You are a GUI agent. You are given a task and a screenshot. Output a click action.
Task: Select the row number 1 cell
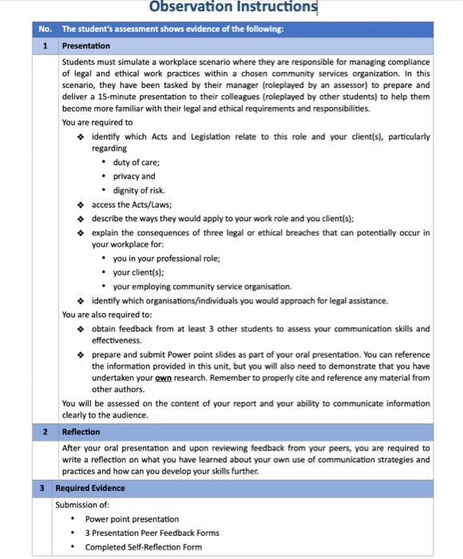pyautogui.click(x=45, y=46)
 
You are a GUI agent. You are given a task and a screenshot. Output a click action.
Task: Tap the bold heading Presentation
pyautogui.click(x=87, y=46)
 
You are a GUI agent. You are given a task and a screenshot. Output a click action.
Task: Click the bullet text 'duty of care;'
pyautogui.click(x=137, y=162)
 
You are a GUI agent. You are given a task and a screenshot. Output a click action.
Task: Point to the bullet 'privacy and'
pyautogui.click(x=134, y=176)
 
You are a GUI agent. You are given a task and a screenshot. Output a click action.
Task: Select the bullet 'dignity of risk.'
pyautogui.click(x=140, y=190)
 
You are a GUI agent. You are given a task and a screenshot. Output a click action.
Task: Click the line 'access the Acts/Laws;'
pyautogui.click(x=131, y=204)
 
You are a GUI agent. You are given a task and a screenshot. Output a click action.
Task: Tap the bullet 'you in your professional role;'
pyautogui.click(x=167, y=258)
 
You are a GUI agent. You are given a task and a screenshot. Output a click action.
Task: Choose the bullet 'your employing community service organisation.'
pyautogui.click(x=202, y=286)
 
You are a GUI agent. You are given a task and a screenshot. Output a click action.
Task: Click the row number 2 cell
pyautogui.click(x=45, y=432)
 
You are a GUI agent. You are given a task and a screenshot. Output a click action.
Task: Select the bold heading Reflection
pyautogui.click(x=81, y=432)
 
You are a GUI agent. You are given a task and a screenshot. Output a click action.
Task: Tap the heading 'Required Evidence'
pyautogui.click(x=90, y=487)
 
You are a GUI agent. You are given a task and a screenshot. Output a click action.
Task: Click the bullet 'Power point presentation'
pyautogui.click(x=132, y=518)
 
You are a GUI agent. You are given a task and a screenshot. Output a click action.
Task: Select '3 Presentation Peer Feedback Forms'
pyautogui.click(x=152, y=533)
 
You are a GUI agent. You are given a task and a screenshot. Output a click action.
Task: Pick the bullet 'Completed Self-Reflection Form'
pyautogui.click(x=144, y=547)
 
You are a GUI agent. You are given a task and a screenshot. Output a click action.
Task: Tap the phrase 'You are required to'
pyautogui.click(x=97, y=122)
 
